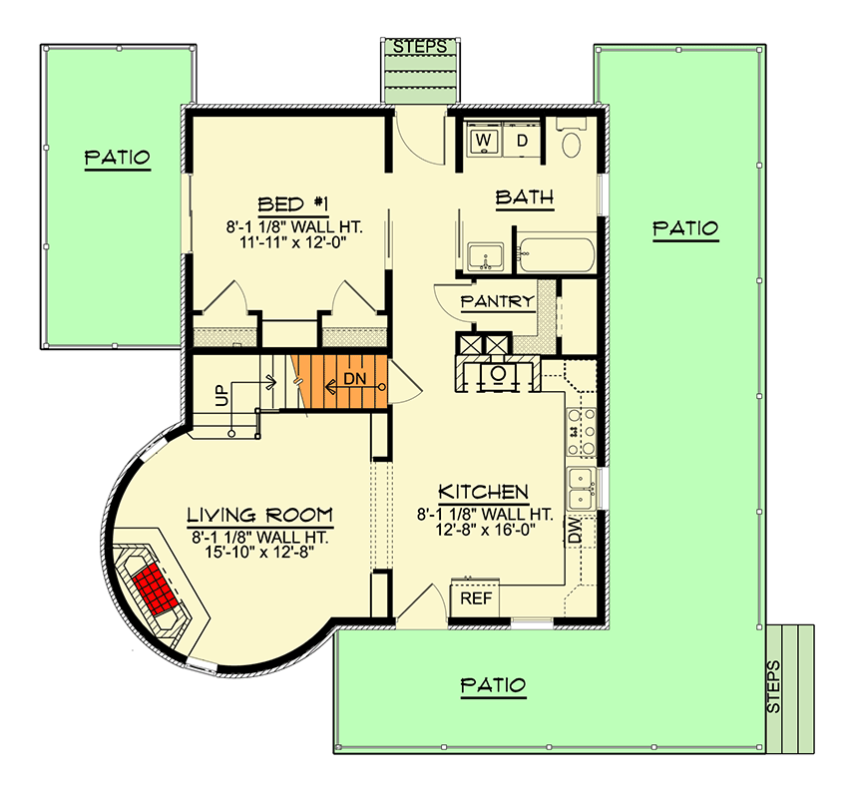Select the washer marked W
pyautogui.click(x=485, y=140)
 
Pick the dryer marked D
pyautogui.click(x=522, y=140)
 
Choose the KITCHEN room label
pyautogui.click(x=484, y=492)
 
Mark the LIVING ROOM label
pyautogui.click(x=259, y=515)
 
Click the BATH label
pyautogui.click(x=525, y=197)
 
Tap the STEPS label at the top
pyautogui.click(x=419, y=47)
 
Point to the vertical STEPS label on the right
pyautogui.click(x=776, y=685)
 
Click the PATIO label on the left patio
pyautogui.click(x=117, y=157)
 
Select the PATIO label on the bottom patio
pyautogui.click(x=493, y=685)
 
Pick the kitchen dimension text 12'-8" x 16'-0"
pyautogui.click(x=484, y=531)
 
